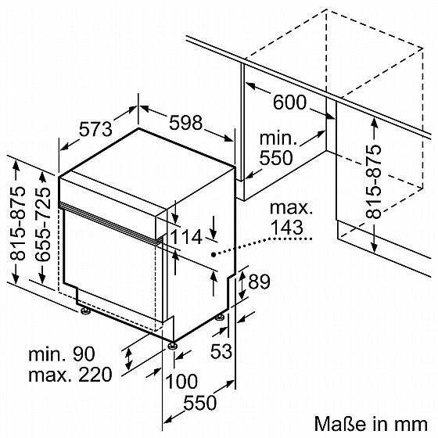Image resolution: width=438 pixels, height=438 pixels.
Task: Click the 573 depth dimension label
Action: click(x=95, y=130)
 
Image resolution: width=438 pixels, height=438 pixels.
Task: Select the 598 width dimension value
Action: click(x=185, y=122)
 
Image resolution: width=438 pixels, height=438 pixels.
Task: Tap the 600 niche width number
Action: click(x=289, y=102)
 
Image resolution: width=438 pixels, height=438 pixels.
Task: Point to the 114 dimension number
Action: click(x=186, y=237)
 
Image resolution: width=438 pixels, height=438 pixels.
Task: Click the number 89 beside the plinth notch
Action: click(x=259, y=282)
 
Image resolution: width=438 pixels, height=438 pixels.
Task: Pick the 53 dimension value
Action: click(x=221, y=351)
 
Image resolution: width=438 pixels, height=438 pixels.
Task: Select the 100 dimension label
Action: click(x=181, y=382)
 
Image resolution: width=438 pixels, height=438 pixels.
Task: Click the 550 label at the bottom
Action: click(x=200, y=403)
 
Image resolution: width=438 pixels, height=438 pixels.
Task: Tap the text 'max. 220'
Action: click(x=70, y=375)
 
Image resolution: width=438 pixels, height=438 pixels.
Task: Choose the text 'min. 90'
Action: click(x=62, y=354)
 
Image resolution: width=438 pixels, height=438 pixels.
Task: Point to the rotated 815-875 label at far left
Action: click(x=17, y=224)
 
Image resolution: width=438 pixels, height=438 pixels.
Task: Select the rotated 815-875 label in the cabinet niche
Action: click(x=374, y=181)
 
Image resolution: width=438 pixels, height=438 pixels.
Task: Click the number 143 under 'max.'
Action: click(x=287, y=228)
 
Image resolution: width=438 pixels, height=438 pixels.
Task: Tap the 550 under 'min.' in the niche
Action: click(x=276, y=158)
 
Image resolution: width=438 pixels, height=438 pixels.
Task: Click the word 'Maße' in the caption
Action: click(x=340, y=424)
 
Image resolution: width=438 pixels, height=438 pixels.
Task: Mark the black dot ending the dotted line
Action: click(x=214, y=254)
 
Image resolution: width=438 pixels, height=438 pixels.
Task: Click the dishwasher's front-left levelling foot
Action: click(x=84, y=311)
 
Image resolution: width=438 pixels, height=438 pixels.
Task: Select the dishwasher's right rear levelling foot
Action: click(x=221, y=318)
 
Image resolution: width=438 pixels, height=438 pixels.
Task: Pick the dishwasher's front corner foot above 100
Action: click(x=171, y=345)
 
